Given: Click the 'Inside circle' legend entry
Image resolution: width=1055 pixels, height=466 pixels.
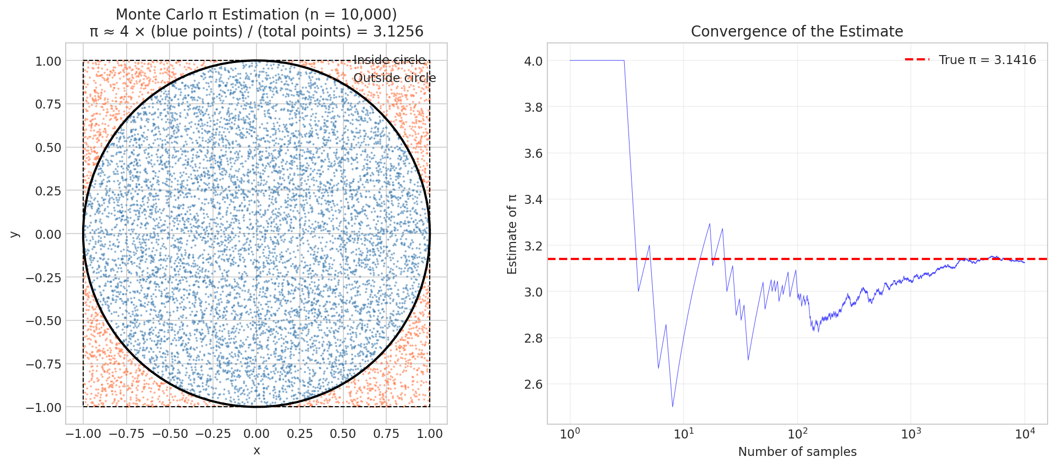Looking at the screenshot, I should (x=389, y=60).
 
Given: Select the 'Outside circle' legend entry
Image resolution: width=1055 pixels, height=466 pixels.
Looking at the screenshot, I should (x=394, y=78).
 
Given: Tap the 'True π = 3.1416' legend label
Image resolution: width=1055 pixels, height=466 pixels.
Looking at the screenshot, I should (x=987, y=60).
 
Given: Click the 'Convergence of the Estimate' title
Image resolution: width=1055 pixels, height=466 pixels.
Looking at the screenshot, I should (x=797, y=32).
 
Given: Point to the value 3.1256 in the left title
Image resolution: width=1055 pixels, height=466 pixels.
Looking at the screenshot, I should (x=398, y=32).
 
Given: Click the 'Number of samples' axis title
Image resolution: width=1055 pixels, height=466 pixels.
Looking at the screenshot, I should (x=797, y=452).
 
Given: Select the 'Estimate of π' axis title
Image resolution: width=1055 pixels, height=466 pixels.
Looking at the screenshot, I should (x=512, y=234).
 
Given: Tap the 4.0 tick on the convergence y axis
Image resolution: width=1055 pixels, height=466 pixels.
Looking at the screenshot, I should (x=533, y=61).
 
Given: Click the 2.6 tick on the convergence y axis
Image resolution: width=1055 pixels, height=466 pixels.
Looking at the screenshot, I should (x=533, y=384).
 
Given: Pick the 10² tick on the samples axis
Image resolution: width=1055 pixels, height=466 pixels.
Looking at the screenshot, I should (x=797, y=434).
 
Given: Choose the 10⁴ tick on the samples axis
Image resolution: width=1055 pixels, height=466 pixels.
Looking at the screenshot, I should (x=1024, y=434).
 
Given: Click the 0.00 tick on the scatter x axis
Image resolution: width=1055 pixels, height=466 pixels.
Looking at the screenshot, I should (x=256, y=434).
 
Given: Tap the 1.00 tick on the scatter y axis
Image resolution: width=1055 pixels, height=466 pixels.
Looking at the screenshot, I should (x=48, y=61).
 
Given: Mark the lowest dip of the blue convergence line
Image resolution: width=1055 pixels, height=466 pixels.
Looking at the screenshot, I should (x=672, y=406).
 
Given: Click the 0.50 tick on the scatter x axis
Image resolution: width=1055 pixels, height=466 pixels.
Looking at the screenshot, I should (x=343, y=434).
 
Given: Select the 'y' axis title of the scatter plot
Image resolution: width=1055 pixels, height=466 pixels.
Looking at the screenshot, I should (x=15, y=234).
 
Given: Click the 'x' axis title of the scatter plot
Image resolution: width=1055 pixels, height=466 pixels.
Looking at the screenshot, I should (x=256, y=451).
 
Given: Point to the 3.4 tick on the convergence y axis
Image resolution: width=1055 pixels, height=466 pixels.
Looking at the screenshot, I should (x=533, y=200).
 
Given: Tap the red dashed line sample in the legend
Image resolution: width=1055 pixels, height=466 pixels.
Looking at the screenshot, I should (x=917, y=60).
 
